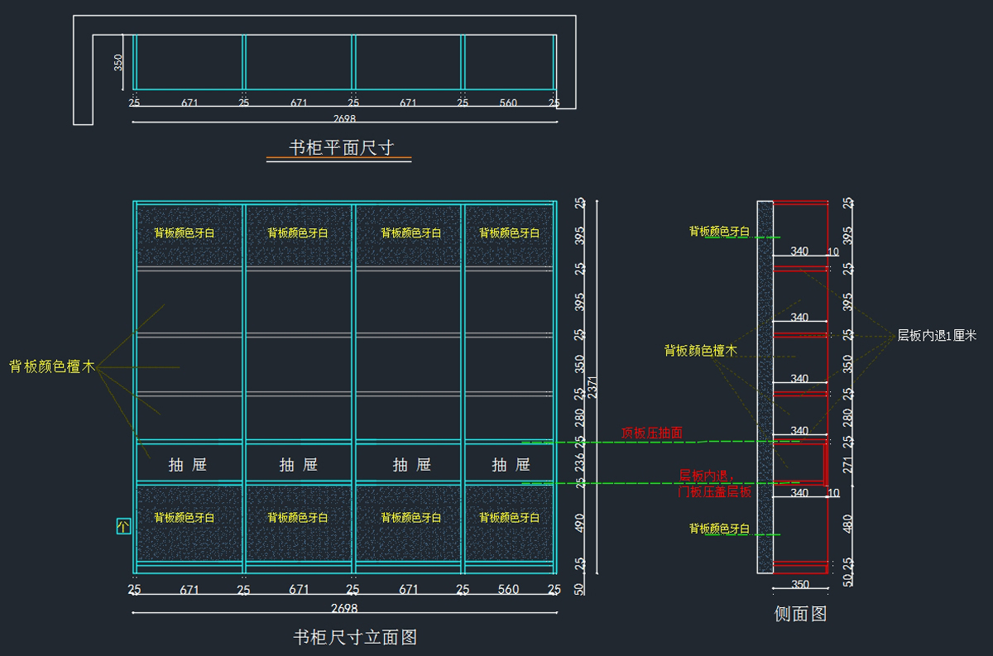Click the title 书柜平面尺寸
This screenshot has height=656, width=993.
[338, 148]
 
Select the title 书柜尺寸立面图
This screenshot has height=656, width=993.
[355, 637]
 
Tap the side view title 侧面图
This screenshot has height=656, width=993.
[800, 614]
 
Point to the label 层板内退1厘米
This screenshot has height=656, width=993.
[937, 336]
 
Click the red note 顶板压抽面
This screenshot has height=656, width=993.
[652, 433]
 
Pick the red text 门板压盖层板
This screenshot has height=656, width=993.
[715, 492]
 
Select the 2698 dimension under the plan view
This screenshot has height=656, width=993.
[343, 119]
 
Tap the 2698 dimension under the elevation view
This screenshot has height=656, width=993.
[344, 608]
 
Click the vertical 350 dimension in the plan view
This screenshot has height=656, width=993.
[118, 62]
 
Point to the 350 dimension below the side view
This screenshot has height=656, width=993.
[800, 585]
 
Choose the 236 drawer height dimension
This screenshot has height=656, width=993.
[579, 461]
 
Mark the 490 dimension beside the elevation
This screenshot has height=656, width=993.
[579, 523]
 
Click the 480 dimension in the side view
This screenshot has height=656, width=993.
[847, 524]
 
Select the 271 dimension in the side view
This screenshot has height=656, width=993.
[847, 465]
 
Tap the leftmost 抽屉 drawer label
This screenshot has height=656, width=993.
[188, 465]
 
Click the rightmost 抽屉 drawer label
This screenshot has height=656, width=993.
[511, 465]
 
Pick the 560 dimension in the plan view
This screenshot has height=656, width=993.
[508, 103]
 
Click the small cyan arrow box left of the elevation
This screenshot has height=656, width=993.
[123, 526]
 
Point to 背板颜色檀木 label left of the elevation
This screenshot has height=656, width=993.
[52, 366]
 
